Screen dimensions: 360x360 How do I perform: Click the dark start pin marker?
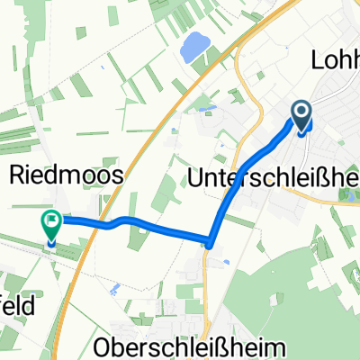coord(301,114)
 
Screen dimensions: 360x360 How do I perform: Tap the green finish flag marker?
coord(51,225)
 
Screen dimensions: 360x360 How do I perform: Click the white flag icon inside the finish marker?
coord(51,219)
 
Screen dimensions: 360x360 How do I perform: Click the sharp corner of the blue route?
coord(209,241)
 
